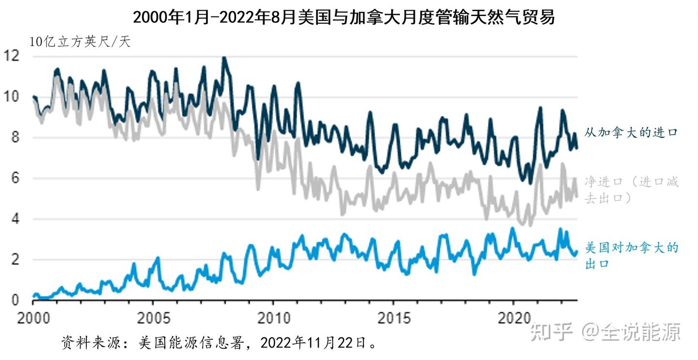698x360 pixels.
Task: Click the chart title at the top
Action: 344,17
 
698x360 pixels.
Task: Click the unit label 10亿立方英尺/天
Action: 80,42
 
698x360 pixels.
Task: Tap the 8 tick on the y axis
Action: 14,138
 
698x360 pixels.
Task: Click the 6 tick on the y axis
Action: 14,178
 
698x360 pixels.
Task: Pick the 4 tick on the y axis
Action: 14,219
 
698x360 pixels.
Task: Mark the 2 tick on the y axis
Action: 14,260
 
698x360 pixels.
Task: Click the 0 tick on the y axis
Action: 14,300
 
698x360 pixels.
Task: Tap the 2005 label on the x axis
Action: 153,318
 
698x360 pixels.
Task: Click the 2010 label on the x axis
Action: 273,318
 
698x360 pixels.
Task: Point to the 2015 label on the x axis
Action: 394,318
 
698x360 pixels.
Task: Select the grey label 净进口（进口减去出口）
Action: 631,189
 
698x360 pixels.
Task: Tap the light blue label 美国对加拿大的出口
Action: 631,255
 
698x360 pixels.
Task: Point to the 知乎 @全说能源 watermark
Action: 605,332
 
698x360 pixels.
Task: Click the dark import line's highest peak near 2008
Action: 223,59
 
